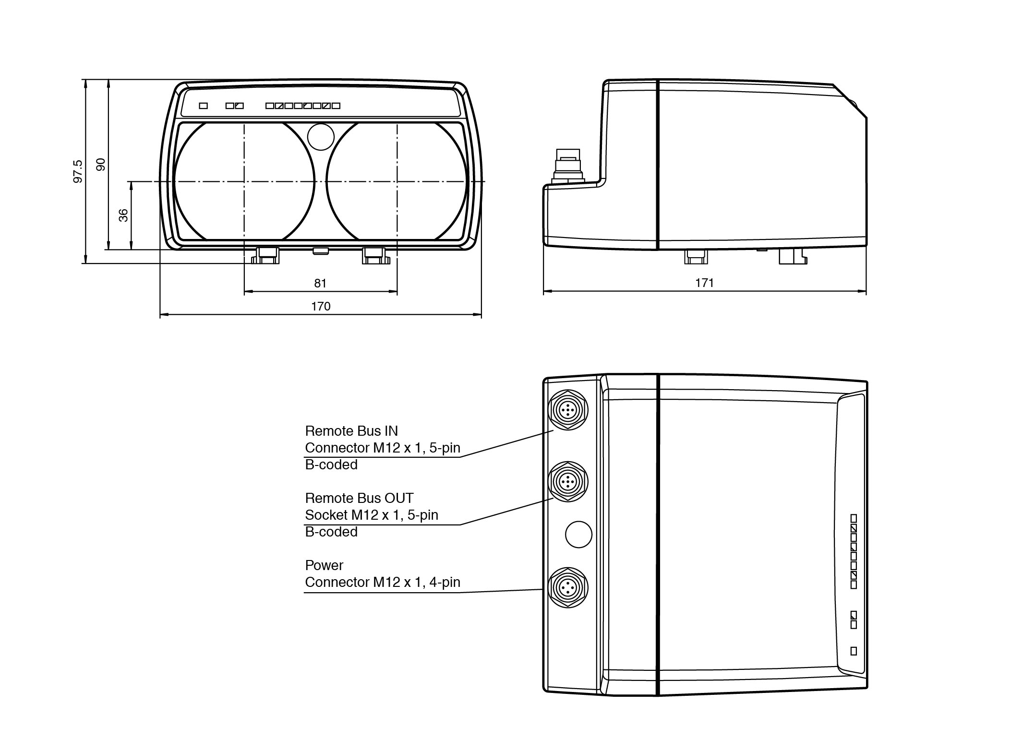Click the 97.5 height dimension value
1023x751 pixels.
pyautogui.click(x=78, y=171)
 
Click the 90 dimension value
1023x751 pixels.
pyautogui.click(x=101, y=165)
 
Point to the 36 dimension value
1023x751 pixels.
pyautogui.click(x=123, y=215)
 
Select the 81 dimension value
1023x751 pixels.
pyautogui.click(x=320, y=283)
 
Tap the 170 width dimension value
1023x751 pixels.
pyautogui.click(x=321, y=306)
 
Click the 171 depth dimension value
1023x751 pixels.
pyautogui.click(x=704, y=283)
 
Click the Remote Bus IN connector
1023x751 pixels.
pyautogui.click(x=568, y=410)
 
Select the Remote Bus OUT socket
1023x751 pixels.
pyautogui.click(x=568, y=481)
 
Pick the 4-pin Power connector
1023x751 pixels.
pyautogui.click(x=568, y=587)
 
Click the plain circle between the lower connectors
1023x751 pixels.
pyautogui.click(x=578, y=534)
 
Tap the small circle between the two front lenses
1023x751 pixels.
pyautogui.click(x=321, y=137)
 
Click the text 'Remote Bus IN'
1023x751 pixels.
pyautogui.click(x=351, y=431)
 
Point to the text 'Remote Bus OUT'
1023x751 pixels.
pyautogui.click(x=359, y=498)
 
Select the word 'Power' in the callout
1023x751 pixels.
pyautogui.click(x=324, y=565)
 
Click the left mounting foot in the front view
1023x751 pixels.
pyautogui.click(x=266, y=255)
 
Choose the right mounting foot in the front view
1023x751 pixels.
pyautogui.click(x=375, y=255)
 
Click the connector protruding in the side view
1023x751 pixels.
pyautogui.click(x=567, y=166)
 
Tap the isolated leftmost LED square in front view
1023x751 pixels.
pyautogui.click(x=204, y=106)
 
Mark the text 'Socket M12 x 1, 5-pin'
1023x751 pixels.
pyautogui.click(x=372, y=515)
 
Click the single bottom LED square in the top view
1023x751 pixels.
pyautogui.click(x=853, y=651)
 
